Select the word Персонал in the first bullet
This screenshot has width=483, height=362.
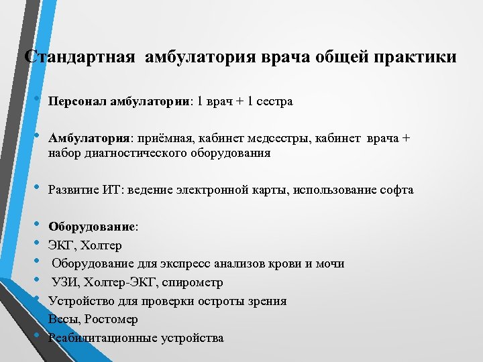coord(76,102)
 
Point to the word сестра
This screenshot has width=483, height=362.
coord(274,102)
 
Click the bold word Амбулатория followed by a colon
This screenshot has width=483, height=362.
coord(89,138)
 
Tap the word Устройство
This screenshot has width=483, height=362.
coord(79,301)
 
